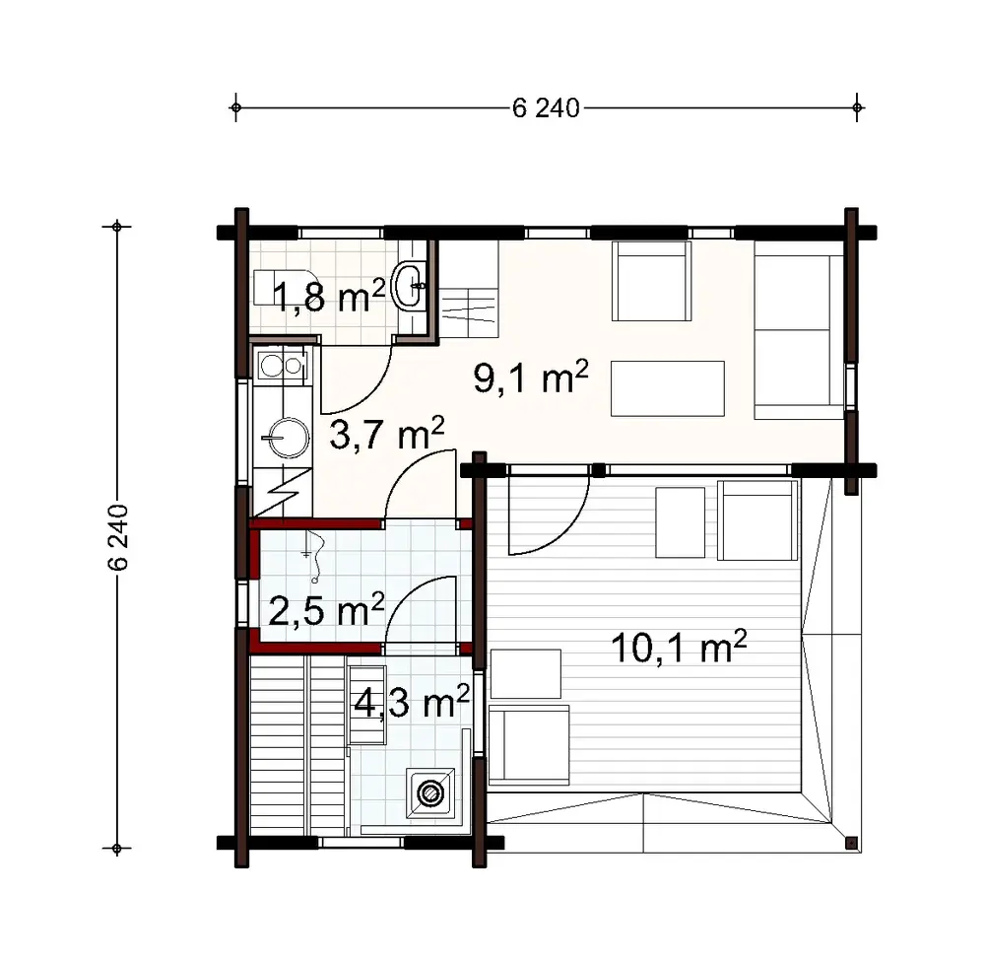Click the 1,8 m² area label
(321, 296)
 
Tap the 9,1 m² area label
(531, 378)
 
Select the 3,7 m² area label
(386, 433)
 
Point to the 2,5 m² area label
(325, 611)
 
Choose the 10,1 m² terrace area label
(679, 648)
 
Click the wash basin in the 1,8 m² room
(410, 286)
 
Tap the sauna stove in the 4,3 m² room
(429, 791)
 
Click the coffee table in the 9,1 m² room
(668, 388)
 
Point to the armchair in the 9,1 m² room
(651, 282)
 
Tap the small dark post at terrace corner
(851, 843)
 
